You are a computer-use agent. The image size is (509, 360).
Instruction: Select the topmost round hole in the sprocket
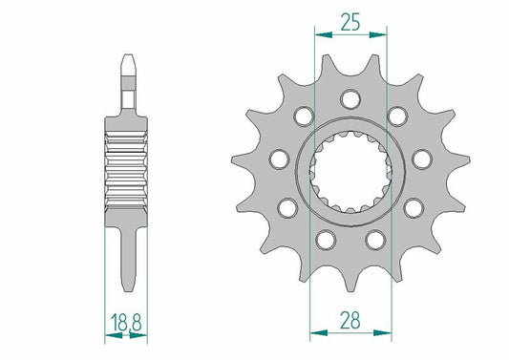[351, 98]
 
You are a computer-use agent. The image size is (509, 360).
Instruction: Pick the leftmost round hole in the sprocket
[279, 158]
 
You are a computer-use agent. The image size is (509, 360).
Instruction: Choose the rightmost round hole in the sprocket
[423, 159]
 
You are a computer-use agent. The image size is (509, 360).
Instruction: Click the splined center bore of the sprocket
[350, 172]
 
